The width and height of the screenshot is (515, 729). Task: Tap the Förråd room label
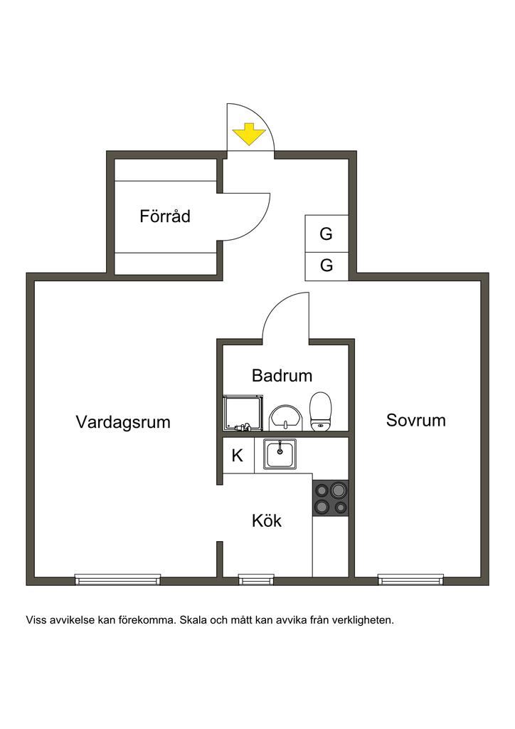165,216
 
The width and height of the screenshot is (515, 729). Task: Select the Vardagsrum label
123,421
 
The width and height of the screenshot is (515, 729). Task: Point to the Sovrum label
416,420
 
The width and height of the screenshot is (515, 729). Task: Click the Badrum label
282,375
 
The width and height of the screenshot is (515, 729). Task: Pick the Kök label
267,520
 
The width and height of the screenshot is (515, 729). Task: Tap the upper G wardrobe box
326,234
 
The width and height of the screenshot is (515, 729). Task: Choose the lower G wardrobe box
326,266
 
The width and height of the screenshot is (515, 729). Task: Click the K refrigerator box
238,456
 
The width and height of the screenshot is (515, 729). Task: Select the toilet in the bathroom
321,412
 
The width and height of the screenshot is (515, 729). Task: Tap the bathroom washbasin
286,417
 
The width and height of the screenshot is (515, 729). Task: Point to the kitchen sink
281,454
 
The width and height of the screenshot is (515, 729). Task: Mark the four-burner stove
330,498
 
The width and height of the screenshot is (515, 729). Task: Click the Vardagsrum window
118,579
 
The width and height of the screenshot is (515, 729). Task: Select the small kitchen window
256,579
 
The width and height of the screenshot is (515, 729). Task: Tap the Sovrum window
410,579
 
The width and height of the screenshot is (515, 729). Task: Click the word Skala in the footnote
193,620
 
